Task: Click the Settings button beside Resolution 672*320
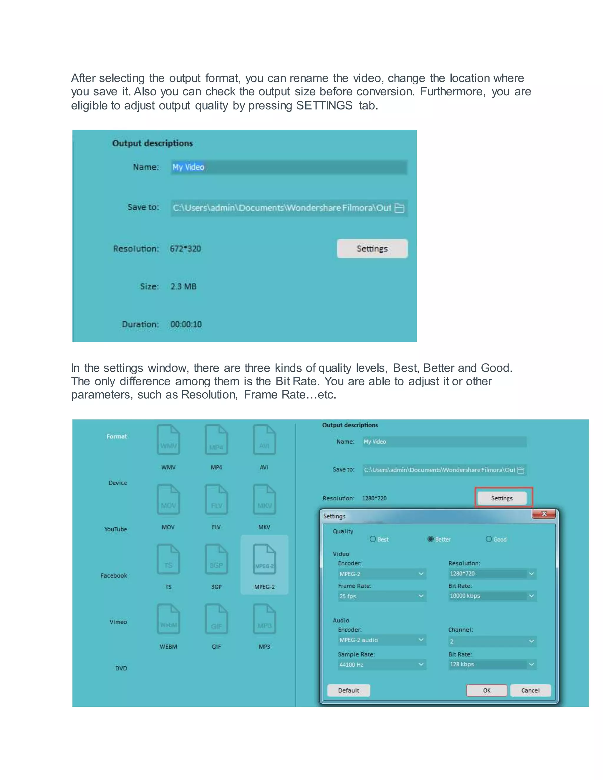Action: tap(372, 249)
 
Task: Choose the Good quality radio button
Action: tap(489, 539)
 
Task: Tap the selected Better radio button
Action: tap(430, 539)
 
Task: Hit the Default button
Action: tap(348, 690)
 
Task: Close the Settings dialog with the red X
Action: tap(544, 514)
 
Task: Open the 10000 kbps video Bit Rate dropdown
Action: tap(492, 596)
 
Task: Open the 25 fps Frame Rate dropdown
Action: tap(382, 596)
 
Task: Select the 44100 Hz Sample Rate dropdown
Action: tap(382, 665)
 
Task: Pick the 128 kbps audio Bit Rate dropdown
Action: tap(492, 664)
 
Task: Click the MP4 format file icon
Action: tap(216, 440)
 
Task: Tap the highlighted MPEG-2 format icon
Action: tap(264, 559)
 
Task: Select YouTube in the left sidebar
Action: tap(115, 529)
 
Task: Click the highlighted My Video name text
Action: tap(188, 167)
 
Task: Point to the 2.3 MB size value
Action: tap(183, 286)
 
